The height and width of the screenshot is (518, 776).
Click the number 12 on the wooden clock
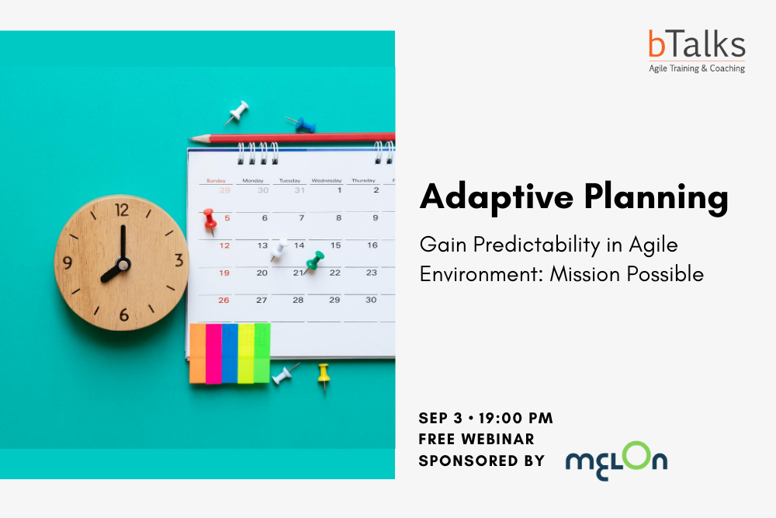[122, 210]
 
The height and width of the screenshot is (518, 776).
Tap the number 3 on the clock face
[178, 260]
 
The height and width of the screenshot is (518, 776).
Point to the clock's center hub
[123, 265]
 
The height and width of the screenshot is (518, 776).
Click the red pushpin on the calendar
[210, 221]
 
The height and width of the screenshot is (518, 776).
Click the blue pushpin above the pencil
[302, 124]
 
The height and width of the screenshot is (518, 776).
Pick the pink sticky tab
[214, 353]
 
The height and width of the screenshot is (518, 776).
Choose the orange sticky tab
[197, 353]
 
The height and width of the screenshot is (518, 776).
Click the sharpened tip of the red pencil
[189, 139]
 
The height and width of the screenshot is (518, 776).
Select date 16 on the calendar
[372, 245]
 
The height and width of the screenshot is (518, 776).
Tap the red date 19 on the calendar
[224, 273]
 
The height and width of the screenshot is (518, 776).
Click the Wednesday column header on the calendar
[327, 181]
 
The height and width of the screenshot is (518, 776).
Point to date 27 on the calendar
[262, 300]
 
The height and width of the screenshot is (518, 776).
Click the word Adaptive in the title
[497, 197]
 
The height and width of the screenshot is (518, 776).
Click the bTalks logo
[697, 51]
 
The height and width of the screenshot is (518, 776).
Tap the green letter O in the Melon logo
[636, 456]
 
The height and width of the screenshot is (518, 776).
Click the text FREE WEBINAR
[476, 440]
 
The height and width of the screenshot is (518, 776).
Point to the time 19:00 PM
[516, 418]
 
